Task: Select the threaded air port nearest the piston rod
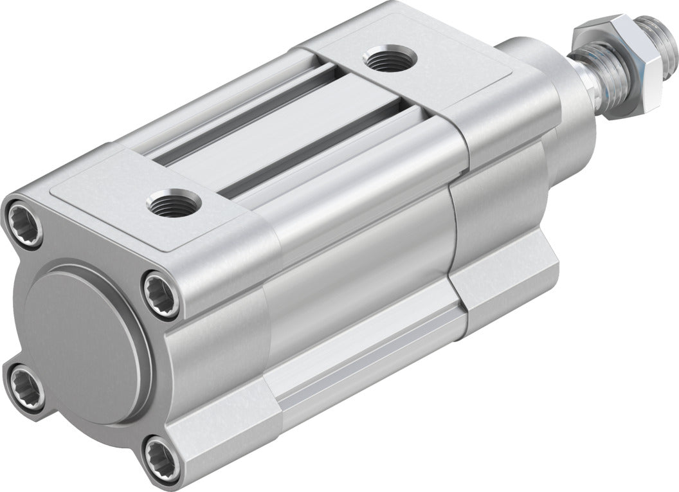[390, 60]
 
